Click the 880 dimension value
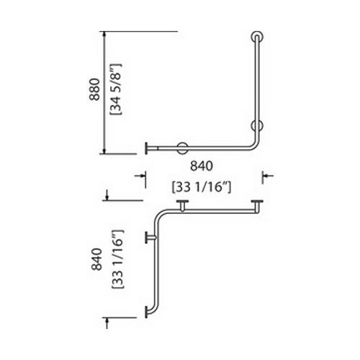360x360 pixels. point(94,89)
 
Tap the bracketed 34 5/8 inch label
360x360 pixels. point(116,89)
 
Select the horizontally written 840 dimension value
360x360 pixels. point(202,166)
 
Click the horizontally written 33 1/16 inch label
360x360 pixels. point(202,187)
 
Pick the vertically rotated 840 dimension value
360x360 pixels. point(96,259)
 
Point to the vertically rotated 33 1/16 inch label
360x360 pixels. point(117,259)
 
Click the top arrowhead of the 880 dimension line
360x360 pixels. point(104,35)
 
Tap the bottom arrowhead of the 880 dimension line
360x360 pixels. point(104,150)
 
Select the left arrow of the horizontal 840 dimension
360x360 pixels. point(140,176)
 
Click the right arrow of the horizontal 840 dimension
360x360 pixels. point(268,176)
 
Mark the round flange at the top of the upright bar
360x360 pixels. point(257,37)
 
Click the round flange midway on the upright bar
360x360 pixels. point(257,125)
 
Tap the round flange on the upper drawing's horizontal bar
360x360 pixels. point(182,148)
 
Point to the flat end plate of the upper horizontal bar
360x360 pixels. point(146,148)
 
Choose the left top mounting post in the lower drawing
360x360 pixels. point(182,206)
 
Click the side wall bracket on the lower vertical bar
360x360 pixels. point(150,238)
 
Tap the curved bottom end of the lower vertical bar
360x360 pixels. point(151,312)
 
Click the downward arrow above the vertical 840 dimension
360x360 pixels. point(107,195)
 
